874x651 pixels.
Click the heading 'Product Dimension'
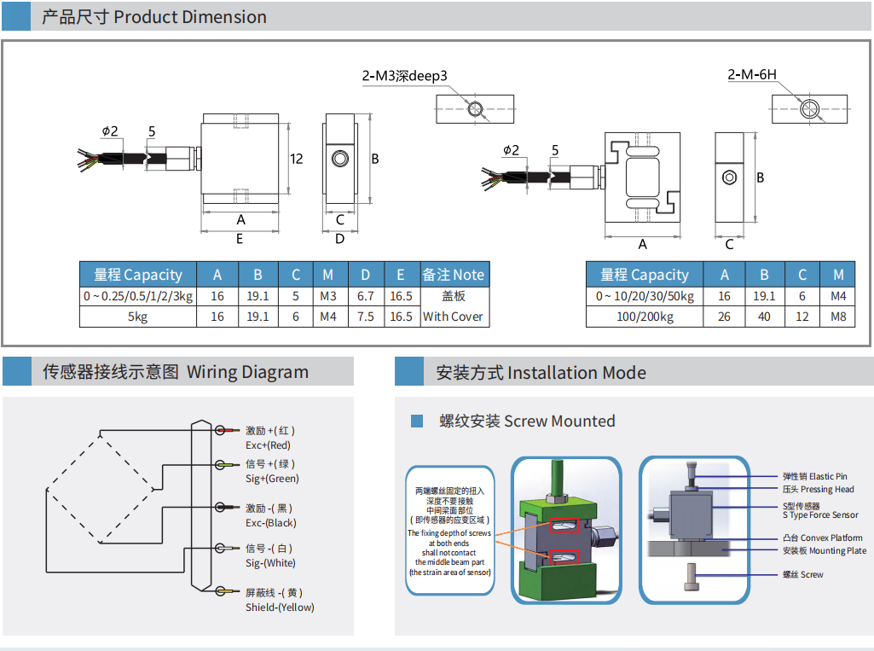[x=189, y=17]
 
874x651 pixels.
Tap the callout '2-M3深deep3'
[x=404, y=77]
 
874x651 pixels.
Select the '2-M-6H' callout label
[x=752, y=74]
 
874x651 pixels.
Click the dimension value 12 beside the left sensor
[x=297, y=159]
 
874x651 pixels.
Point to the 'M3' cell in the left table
[x=328, y=296]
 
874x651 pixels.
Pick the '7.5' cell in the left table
[x=365, y=317]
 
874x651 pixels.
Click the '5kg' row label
[x=138, y=317]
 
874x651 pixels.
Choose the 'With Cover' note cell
[x=453, y=317]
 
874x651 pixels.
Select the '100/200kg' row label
[x=644, y=317]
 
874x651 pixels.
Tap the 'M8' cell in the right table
[x=838, y=317]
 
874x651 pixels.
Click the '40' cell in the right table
[x=764, y=317]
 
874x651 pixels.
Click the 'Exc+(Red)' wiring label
[x=268, y=445]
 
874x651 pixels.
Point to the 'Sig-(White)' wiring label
[x=270, y=563]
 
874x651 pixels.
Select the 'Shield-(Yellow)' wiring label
[x=280, y=607]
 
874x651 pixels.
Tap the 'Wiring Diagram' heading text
[x=247, y=372]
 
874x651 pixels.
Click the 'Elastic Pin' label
[x=828, y=476]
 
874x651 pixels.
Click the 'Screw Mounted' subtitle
[x=559, y=421]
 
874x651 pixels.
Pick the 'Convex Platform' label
[x=836, y=538]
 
